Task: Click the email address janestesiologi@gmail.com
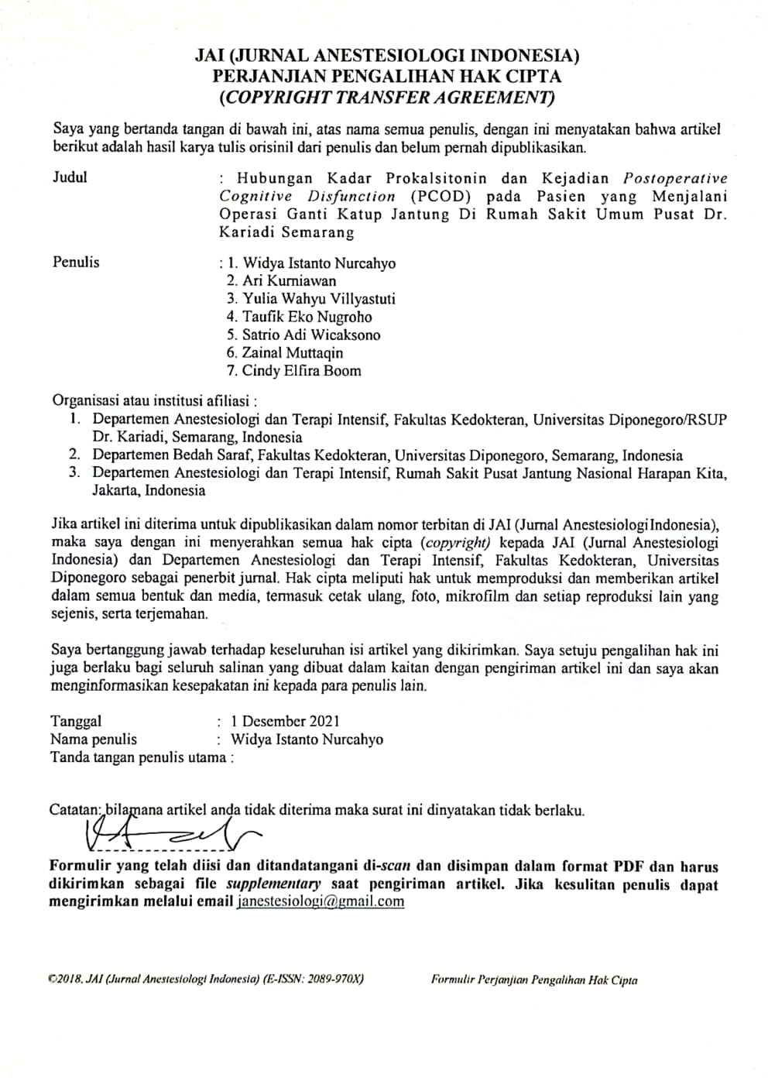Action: [321, 901]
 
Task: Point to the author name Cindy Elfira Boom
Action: [302, 371]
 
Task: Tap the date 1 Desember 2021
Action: [280, 722]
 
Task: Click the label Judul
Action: [70, 177]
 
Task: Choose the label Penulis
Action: [76, 263]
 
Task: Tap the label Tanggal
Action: [76, 722]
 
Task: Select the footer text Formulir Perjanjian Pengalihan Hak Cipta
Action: [534, 980]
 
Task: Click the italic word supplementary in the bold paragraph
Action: [273, 884]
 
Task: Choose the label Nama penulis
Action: [93, 740]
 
